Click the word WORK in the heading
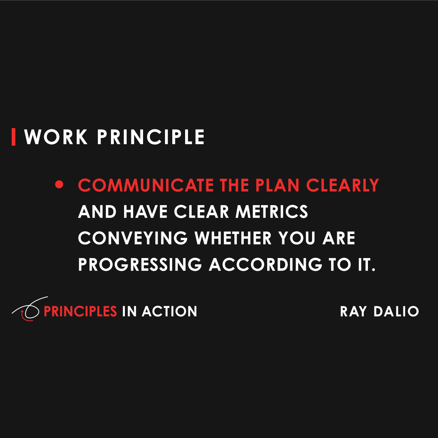(56, 137)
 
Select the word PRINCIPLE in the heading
(151, 137)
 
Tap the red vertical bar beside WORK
(14, 137)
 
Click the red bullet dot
(59, 185)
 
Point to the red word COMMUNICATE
(146, 185)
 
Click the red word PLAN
(278, 185)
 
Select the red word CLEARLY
(342, 185)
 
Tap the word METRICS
(272, 212)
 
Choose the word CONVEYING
(132, 238)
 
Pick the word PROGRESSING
(140, 265)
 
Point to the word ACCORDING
(265, 265)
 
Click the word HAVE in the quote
(145, 212)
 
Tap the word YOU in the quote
(297, 238)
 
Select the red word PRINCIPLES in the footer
(80, 311)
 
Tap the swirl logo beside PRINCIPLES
(28, 310)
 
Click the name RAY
(353, 311)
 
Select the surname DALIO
(396, 311)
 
